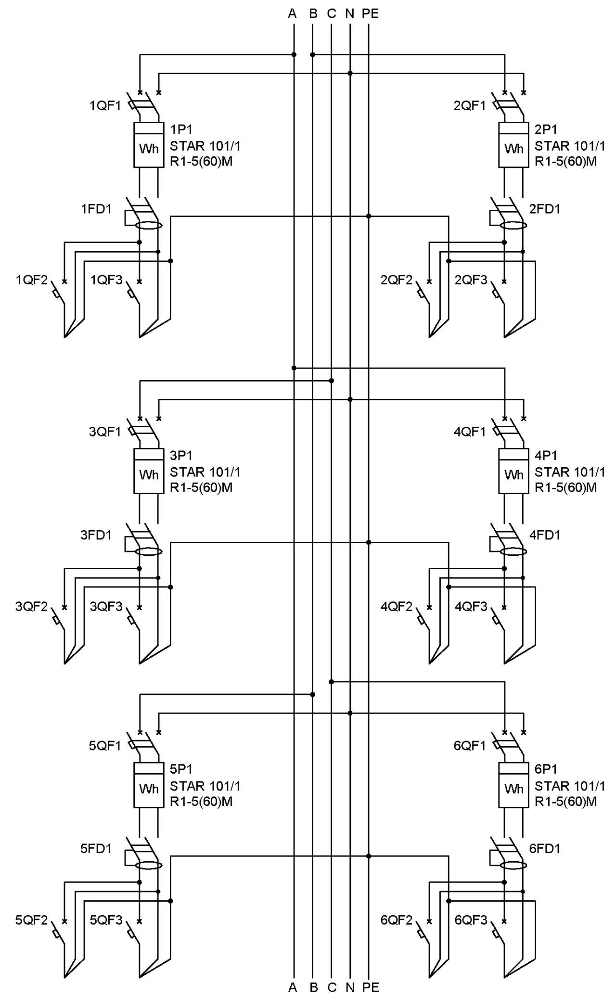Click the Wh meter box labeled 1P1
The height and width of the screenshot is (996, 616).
click(x=149, y=145)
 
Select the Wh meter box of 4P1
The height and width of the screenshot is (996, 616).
click(x=513, y=471)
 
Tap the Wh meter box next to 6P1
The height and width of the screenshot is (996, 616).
click(x=513, y=785)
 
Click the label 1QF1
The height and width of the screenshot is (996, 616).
click(x=105, y=105)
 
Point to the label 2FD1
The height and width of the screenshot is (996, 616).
click(x=545, y=209)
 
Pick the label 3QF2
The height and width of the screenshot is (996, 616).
click(x=32, y=606)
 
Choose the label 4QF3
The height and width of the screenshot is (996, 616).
click(x=471, y=606)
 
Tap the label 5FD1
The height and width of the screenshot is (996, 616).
click(x=96, y=848)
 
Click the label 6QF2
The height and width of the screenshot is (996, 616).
click(x=397, y=920)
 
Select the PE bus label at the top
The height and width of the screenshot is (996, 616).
click(x=370, y=13)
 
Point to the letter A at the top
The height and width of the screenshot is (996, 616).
click(x=292, y=13)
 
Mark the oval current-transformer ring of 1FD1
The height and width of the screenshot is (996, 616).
click(x=149, y=225)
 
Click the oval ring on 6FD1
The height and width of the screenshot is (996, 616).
click(x=513, y=865)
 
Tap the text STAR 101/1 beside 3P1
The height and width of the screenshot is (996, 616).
click(x=205, y=472)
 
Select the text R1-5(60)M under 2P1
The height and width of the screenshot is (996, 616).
click(x=566, y=161)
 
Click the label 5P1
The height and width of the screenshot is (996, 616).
click(x=181, y=769)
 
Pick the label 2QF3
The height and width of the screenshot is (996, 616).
click(x=471, y=280)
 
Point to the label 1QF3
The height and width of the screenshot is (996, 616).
click(x=106, y=280)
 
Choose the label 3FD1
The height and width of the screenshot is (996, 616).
click(x=96, y=535)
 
